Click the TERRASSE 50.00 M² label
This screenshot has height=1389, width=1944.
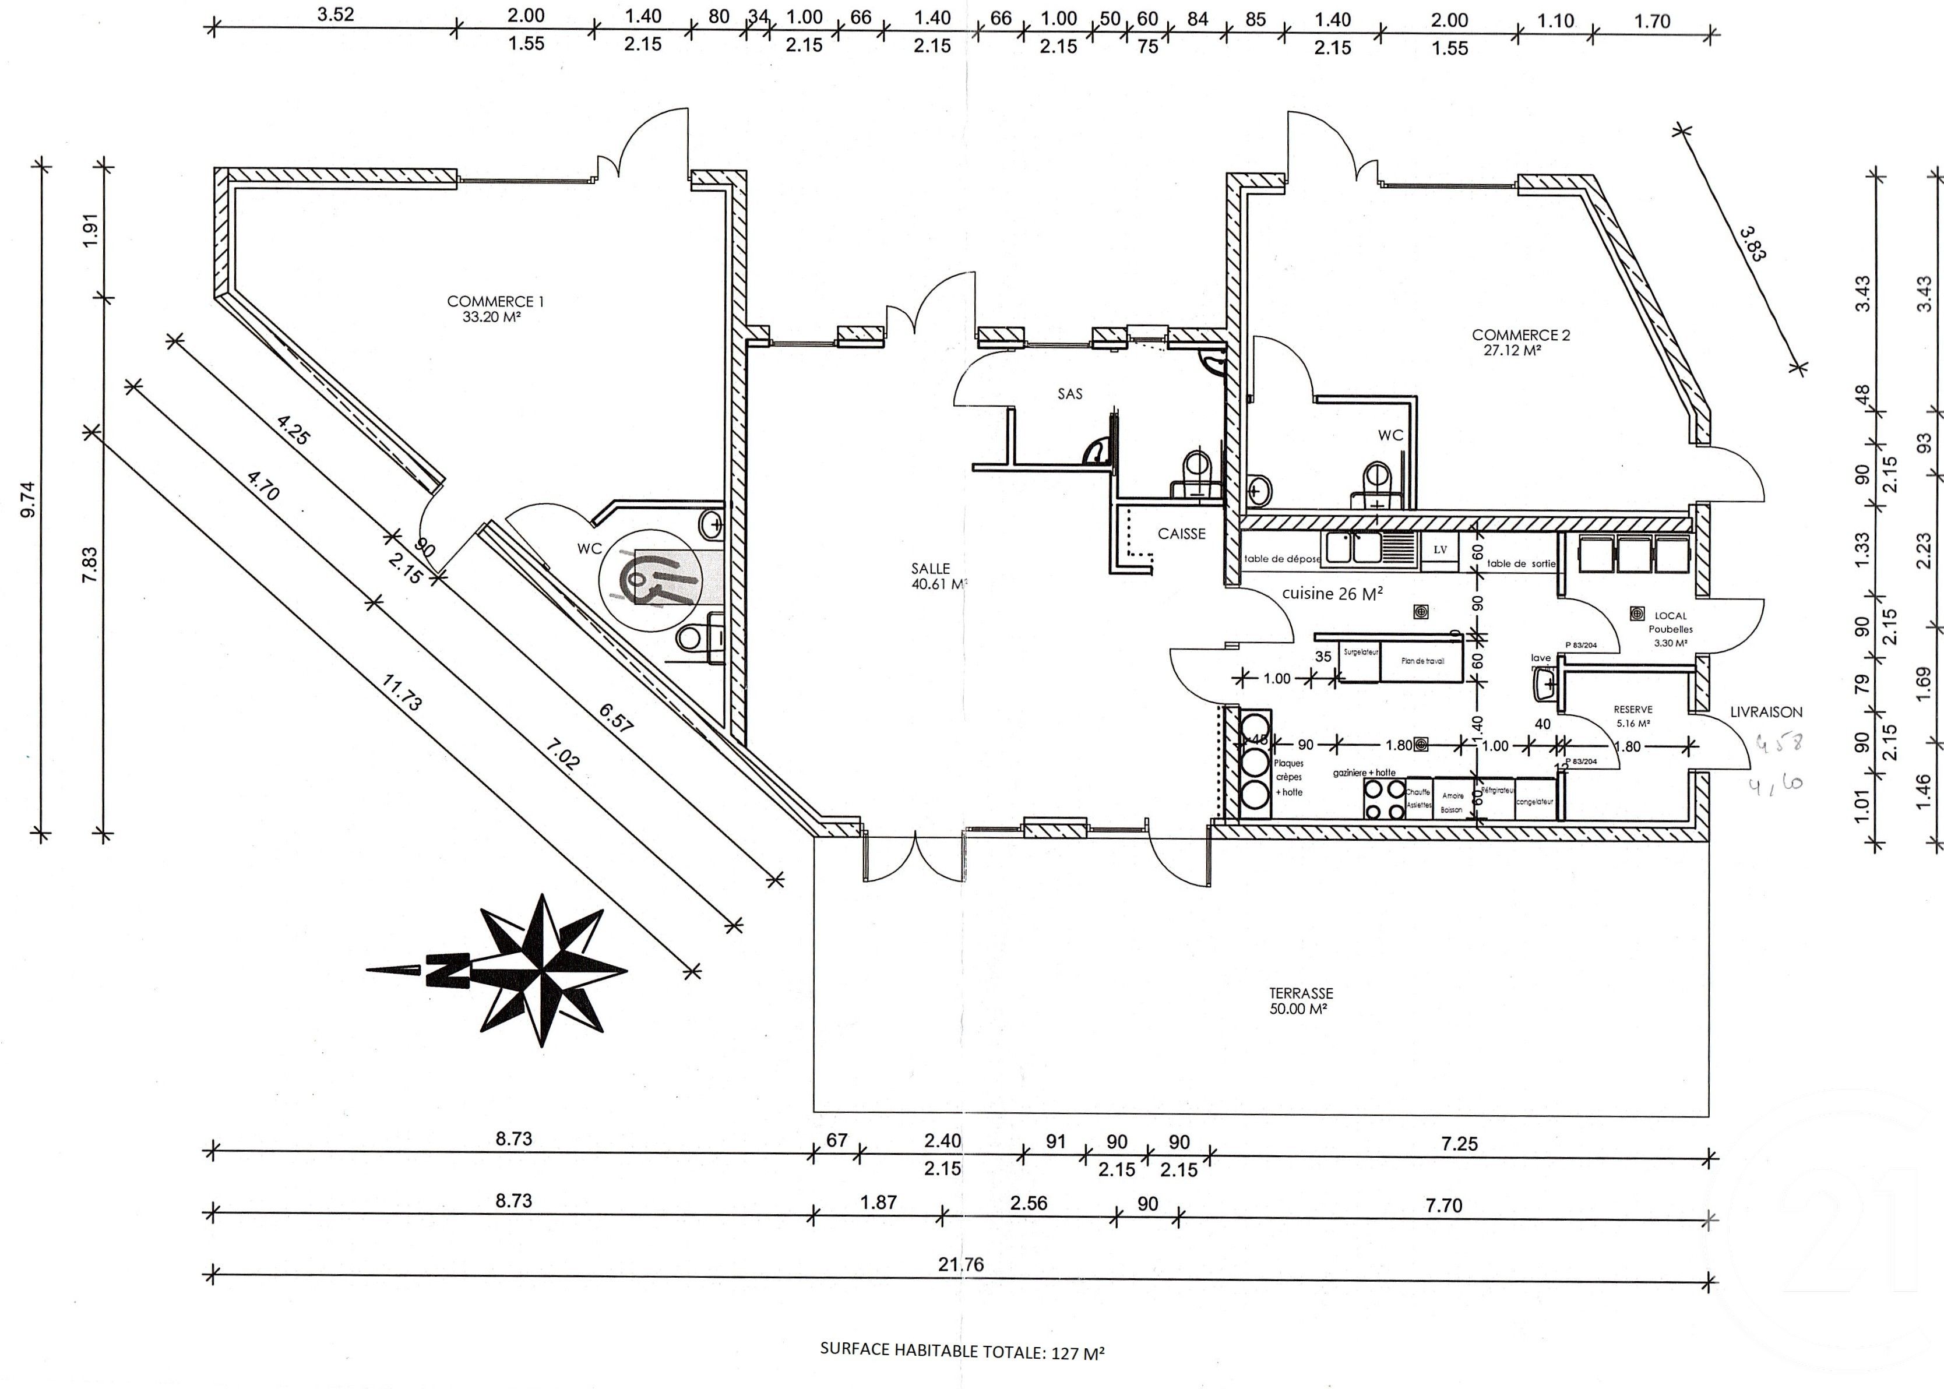1300,1001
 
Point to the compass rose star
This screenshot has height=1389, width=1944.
541,970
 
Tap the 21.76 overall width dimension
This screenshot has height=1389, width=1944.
960,1264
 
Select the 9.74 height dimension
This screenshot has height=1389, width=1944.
28,499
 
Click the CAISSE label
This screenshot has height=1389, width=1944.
1181,534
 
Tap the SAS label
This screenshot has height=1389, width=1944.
1070,393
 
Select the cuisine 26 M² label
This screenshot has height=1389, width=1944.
1333,594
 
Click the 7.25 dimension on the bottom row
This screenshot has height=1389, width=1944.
1459,1144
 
